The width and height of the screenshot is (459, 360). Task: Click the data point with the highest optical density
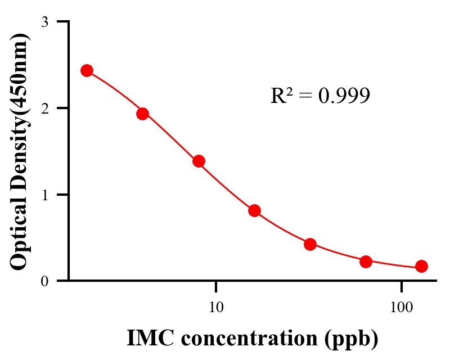point(87,70)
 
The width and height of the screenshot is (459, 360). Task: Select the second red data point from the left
point(142,114)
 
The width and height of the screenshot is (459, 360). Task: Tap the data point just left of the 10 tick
point(199,161)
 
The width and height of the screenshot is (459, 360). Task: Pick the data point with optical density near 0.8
point(254,210)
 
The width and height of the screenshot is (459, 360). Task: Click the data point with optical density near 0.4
point(310,244)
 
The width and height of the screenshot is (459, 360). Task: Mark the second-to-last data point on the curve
point(366,262)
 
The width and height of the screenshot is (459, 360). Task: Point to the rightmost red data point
point(421,266)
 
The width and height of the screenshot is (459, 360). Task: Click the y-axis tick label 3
point(44,22)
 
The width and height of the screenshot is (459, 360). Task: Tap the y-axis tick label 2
point(44,108)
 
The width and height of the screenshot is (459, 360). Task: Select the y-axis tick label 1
point(44,195)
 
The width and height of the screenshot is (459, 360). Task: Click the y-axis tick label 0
point(44,281)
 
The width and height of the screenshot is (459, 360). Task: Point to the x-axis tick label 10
point(216,307)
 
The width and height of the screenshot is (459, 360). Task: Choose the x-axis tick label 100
point(401,307)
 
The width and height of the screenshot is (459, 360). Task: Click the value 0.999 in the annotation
point(344,96)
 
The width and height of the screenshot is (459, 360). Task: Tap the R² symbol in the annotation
point(281,96)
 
